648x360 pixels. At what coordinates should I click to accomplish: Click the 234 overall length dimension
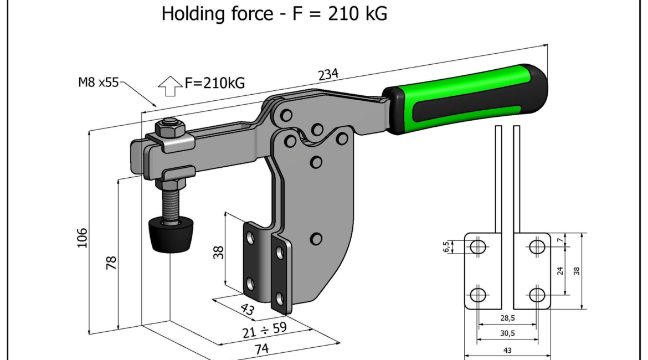tap(328, 74)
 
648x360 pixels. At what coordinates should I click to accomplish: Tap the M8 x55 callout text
tap(99, 83)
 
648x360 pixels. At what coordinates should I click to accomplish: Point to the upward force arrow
tap(170, 86)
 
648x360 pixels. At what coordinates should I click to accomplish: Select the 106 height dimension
tap(82, 238)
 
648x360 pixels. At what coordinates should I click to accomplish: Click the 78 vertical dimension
tap(111, 263)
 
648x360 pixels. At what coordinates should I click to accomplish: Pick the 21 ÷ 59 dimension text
tap(265, 330)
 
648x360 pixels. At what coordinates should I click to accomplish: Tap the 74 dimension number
tap(261, 349)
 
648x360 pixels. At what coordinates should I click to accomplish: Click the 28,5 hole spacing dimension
tap(507, 318)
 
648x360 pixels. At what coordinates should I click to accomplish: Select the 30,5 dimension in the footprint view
tap(507, 333)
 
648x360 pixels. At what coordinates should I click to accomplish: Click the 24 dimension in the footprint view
tap(560, 271)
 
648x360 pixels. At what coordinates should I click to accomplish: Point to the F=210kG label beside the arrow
tap(214, 83)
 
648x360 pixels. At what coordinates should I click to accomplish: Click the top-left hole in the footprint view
tap(478, 247)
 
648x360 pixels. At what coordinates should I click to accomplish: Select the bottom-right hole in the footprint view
tap(537, 295)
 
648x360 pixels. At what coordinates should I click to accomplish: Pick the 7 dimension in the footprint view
tap(560, 240)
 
